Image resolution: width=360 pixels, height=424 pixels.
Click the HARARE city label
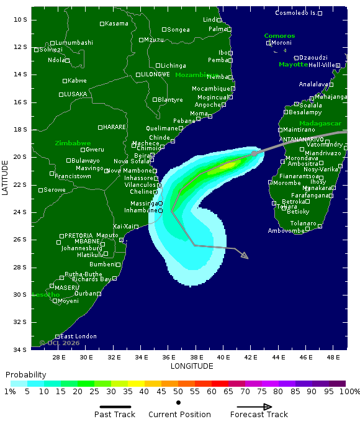point(114,127)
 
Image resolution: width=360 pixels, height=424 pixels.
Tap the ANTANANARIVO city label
point(302,140)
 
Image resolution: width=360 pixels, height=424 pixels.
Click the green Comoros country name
point(279,36)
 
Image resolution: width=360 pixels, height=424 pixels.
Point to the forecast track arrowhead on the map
point(244,255)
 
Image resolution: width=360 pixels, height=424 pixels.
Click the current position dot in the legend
point(178,402)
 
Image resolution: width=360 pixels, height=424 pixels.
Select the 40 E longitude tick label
point(224,357)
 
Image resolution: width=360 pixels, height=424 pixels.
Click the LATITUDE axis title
point(6,178)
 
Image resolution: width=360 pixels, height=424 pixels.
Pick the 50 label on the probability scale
point(178,392)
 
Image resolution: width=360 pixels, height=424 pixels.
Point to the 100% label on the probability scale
point(349,392)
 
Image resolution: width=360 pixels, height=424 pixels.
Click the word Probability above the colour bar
point(25,375)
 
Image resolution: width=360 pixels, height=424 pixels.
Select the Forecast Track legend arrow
point(254,407)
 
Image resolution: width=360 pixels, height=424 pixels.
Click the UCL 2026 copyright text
point(60,343)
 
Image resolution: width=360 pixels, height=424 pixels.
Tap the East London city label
point(78,336)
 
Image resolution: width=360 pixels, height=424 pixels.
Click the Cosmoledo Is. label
point(296,13)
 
